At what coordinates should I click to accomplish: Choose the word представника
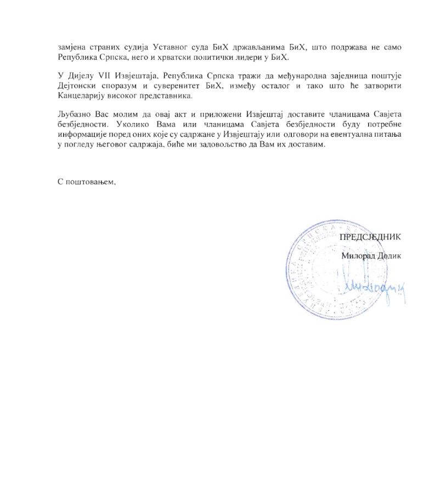click(x=168, y=95)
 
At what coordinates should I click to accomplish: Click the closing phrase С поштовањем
click(x=86, y=182)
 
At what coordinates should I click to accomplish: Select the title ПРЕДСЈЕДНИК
click(x=370, y=237)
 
